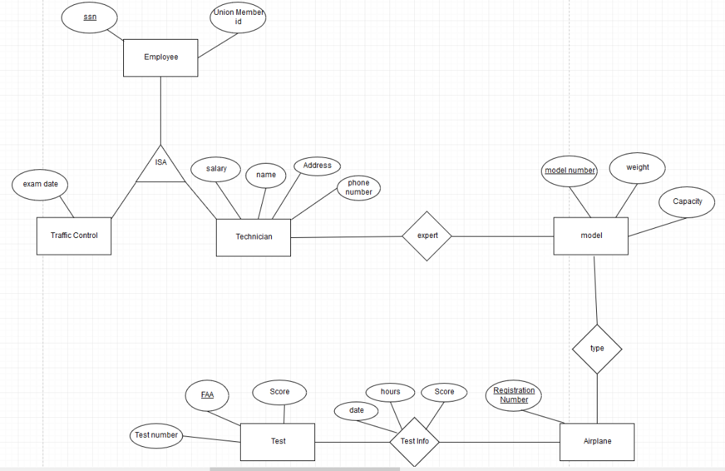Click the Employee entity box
161,57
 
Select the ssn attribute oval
90,17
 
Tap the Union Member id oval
238,17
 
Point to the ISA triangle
161,167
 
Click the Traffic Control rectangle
74,236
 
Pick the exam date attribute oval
40,185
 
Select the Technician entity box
253,237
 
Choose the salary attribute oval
217,169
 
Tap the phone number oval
358,188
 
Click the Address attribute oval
317,166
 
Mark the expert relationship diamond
427,236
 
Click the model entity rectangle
591,236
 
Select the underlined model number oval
570,171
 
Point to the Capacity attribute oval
687,202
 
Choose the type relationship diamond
597,348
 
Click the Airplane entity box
597,441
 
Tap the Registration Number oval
514,395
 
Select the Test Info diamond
414,441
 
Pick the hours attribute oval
390,392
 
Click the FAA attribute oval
207,395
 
